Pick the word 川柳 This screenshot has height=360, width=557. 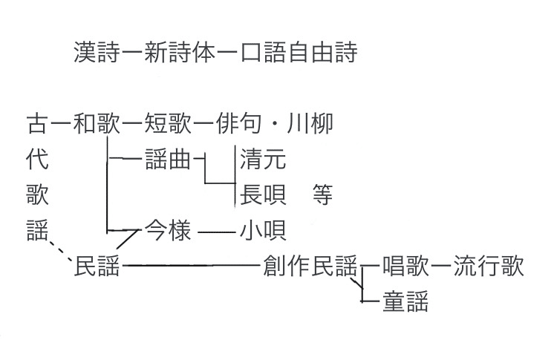(311, 123)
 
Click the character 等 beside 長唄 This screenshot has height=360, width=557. (322, 194)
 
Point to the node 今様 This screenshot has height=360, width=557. (169, 231)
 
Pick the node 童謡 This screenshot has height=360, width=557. (405, 302)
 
